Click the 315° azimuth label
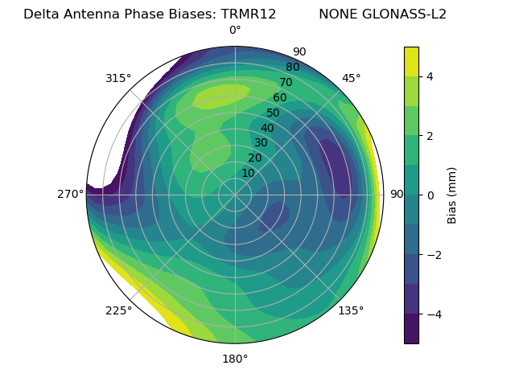click(117, 78)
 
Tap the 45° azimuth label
click(351, 78)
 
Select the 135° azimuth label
click(351, 310)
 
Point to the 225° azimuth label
click(118, 310)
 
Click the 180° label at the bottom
click(235, 359)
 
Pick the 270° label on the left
click(70, 194)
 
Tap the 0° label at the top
click(235, 31)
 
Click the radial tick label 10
click(248, 173)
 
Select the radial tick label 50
click(273, 113)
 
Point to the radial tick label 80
click(292, 67)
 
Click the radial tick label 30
click(261, 143)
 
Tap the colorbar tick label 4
click(431, 76)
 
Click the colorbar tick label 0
click(431, 195)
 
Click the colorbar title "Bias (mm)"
click(452, 195)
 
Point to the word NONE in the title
click(337, 14)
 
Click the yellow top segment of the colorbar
click(411, 61)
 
